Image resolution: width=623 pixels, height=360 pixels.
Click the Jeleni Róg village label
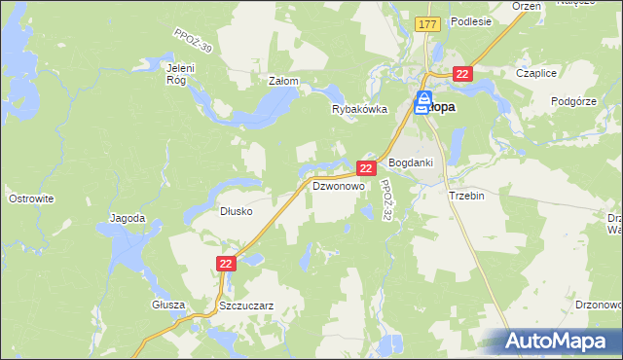[182, 74]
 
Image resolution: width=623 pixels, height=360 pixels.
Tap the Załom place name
[282, 82]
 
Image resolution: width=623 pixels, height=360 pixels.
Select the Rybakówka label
[359, 110]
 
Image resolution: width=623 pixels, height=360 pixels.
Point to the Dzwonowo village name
[337, 185]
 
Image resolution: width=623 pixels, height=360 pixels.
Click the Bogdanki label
[410, 162]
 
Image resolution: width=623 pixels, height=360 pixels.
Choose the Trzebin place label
[466, 195]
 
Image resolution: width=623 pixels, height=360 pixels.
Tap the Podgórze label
[572, 101]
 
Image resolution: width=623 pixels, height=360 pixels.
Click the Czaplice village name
[535, 73]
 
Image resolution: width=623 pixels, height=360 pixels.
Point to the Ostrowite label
[30, 198]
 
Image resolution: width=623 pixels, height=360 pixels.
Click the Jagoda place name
[128, 218]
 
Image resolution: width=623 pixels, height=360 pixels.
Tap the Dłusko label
[237, 210]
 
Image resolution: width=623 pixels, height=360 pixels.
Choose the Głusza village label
[167, 304]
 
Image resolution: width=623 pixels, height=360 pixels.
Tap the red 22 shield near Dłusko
[226, 264]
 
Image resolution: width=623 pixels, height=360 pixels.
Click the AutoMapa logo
[555, 341]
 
